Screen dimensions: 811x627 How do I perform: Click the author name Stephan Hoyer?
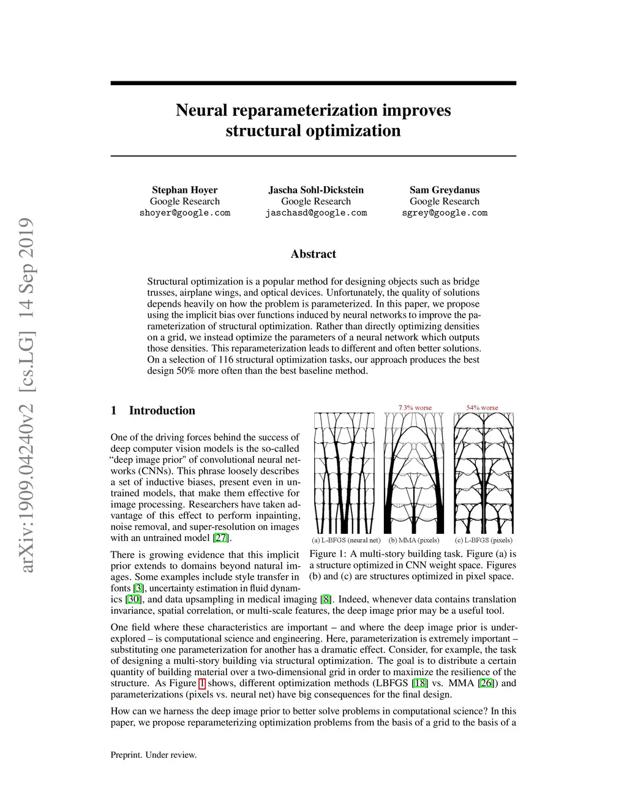click(184, 190)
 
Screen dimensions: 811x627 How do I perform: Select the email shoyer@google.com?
click(184, 213)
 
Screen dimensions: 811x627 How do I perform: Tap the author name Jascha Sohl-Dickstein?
click(316, 190)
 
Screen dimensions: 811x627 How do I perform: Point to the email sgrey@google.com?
click(445, 213)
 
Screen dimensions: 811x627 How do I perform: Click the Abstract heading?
click(313, 254)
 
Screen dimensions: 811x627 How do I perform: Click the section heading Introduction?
click(162, 411)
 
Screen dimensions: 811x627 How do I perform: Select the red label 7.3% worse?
click(415, 408)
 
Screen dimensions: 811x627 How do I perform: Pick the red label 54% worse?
click(482, 408)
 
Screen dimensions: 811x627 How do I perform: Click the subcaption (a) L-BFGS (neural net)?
click(346, 540)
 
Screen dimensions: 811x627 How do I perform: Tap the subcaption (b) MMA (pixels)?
click(414, 540)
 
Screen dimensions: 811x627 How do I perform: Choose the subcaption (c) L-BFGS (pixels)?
click(484, 540)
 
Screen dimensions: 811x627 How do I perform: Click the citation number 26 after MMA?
click(486, 684)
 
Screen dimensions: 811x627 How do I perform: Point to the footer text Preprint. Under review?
click(153, 755)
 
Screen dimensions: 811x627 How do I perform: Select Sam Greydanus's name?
click(445, 190)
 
